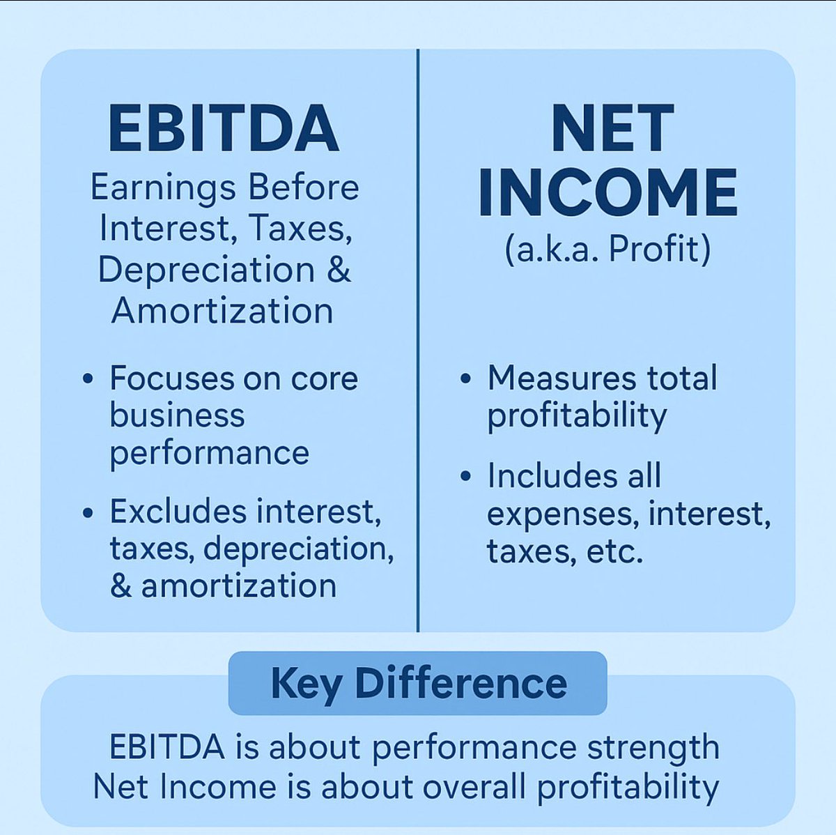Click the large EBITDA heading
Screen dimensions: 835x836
[x=224, y=129]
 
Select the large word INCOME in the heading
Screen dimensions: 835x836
[x=607, y=192]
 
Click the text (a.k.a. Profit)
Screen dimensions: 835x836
[x=607, y=249]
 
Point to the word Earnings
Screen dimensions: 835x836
[x=163, y=188]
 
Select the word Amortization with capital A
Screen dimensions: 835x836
[x=222, y=310]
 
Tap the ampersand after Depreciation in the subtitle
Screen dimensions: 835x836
[x=338, y=270]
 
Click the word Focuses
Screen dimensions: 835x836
[x=172, y=378]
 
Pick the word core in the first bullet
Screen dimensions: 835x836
[x=324, y=379]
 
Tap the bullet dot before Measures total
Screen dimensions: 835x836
[x=465, y=379]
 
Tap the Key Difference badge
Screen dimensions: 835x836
[x=418, y=683]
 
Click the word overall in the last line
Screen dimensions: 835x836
[x=474, y=787]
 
